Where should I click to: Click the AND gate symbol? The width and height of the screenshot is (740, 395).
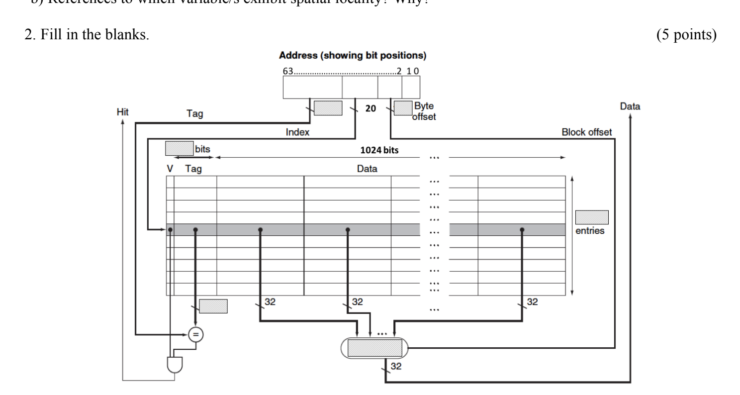pos(175,366)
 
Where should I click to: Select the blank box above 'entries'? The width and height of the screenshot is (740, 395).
pos(592,217)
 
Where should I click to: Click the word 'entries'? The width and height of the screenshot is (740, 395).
pos(592,232)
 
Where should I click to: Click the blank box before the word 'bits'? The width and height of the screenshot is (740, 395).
pos(179,148)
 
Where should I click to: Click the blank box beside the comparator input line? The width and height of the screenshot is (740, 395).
pos(213,306)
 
